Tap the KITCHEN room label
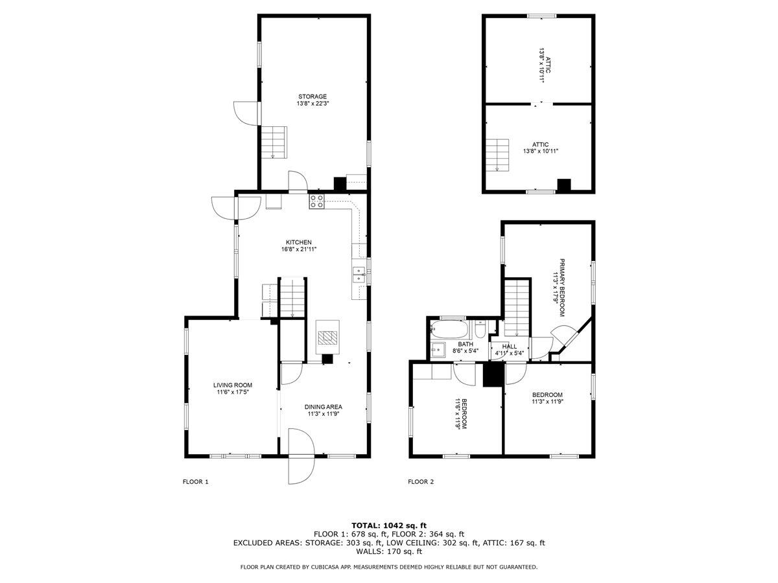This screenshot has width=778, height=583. (300, 242)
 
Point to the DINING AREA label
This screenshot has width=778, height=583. (323, 407)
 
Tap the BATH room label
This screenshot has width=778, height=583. (465, 345)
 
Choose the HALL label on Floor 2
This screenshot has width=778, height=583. (510, 347)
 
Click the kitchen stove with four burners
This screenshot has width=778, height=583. (316, 201)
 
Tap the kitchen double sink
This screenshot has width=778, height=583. (357, 274)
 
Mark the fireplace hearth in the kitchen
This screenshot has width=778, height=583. (327, 337)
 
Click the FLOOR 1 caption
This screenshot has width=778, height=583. (195, 481)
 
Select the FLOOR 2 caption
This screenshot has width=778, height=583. (421, 481)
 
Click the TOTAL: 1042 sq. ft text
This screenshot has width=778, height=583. (389, 525)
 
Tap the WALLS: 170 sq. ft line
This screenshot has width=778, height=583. (389, 552)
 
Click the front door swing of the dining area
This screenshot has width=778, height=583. (300, 456)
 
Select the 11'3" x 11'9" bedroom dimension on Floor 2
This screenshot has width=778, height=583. (547, 402)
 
